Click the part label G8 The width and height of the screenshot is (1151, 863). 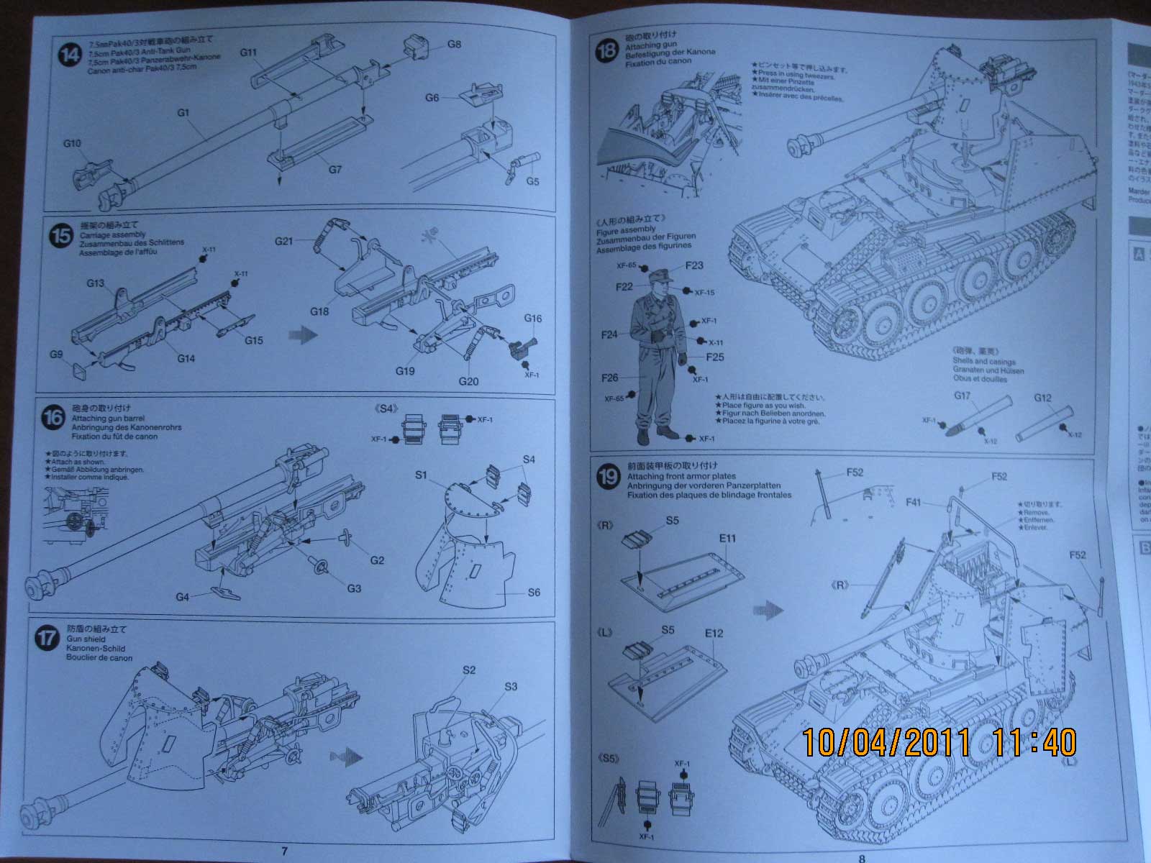click(454, 44)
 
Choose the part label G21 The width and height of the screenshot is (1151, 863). click(283, 241)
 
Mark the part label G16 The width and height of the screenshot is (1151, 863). click(532, 319)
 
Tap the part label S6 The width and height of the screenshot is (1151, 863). click(533, 593)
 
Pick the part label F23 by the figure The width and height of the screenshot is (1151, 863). click(694, 265)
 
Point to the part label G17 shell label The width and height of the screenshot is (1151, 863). click(962, 396)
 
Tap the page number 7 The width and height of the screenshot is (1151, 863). click(284, 851)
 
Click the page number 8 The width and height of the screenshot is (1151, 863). click(862, 857)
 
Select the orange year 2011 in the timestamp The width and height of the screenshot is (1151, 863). click(922, 743)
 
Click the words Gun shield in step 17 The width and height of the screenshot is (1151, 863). click(87, 639)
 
